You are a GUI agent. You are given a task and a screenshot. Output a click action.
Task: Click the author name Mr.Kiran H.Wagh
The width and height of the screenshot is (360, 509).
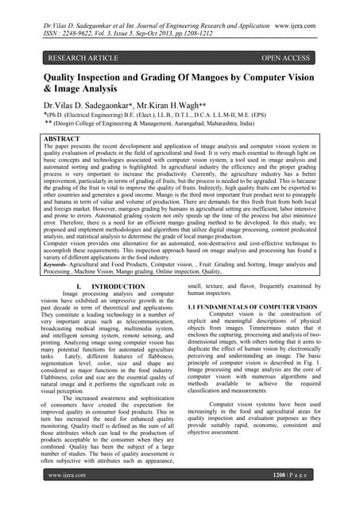[x=180, y=106]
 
